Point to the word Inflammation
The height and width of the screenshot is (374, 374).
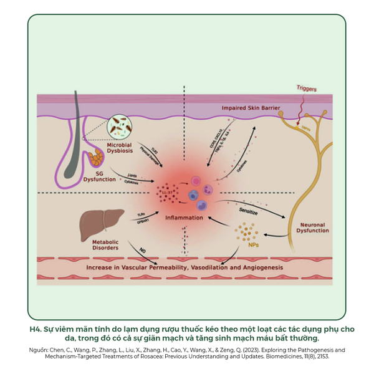point(184,218)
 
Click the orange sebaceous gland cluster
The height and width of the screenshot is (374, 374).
point(98,158)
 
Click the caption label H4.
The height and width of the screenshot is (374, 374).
point(36,329)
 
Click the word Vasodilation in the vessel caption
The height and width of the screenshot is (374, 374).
point(203,267)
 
